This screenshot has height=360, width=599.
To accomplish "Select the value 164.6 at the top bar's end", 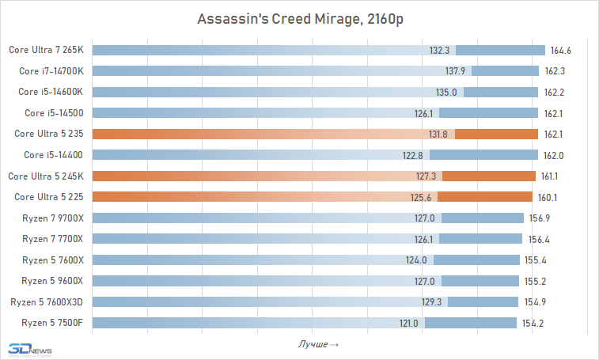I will point(561,51).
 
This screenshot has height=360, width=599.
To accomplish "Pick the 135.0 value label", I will point(448,92).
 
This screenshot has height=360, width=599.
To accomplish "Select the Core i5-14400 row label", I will point(53,154).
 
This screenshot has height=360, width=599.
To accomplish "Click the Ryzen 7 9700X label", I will point(52,217).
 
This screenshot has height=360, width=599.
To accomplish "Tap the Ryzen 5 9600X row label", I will point(52,280).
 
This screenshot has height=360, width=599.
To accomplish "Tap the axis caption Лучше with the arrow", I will point(318,344).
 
